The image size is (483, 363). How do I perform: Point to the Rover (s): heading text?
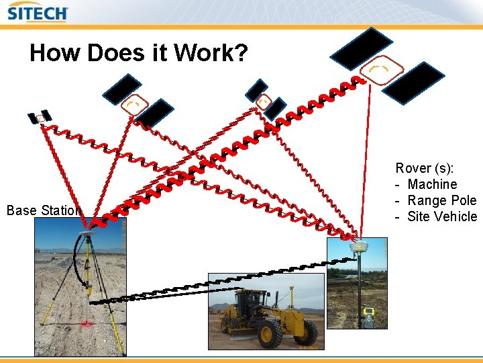[x=424, y=168]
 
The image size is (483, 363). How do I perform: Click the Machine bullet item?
[x=432, y=184]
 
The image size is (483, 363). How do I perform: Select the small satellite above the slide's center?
[x=265, y=99]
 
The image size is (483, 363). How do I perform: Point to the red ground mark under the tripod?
[x=87, y=324]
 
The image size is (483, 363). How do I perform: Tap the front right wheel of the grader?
[x=271, y=333]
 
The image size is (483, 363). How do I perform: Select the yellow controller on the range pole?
[x=369, y=311]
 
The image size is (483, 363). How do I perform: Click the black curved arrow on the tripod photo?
[x=78, y=264]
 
